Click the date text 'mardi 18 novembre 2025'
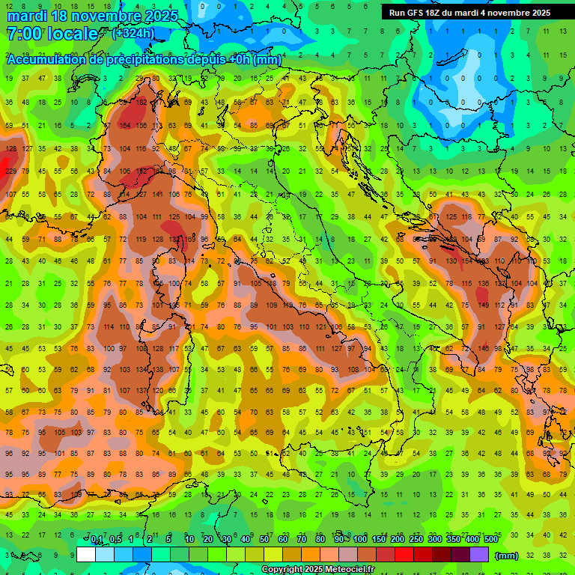92,16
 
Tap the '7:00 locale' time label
52,34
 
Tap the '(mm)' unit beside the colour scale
507,556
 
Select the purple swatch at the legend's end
479,555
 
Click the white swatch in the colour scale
86,555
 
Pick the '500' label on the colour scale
491,540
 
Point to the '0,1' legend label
97,540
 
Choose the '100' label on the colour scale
359,540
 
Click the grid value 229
10,171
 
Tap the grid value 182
141,102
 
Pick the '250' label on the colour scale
416,540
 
